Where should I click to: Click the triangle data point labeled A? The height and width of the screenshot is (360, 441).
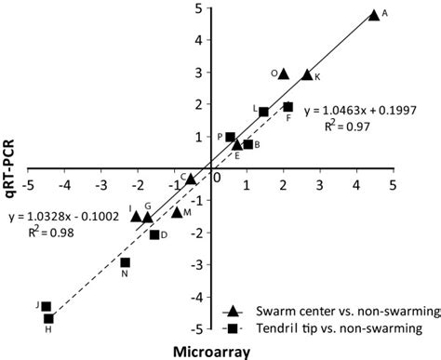(374, 15)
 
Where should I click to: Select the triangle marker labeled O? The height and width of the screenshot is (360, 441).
(284, 73)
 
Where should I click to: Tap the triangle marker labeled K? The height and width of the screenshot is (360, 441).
(307, 75)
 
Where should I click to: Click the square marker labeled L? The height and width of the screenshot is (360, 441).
(263, 112)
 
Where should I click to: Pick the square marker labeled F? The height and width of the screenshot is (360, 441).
(287, 107)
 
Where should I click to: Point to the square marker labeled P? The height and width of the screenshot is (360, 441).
(231, 138)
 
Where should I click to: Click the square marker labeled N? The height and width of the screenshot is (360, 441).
(126, 262)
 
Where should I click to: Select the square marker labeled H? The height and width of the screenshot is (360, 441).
(48, 318)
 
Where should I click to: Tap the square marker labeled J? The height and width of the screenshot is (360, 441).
(46, 306)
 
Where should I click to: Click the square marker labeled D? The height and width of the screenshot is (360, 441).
(154, 234)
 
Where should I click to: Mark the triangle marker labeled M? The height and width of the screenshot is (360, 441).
(177, 213)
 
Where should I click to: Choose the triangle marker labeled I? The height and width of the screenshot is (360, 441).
(137, 216)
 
